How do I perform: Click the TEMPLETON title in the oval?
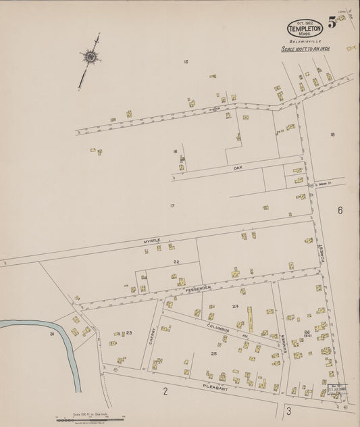click(305, 29)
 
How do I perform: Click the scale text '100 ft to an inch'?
click(304, 49)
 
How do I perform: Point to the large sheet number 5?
click(332, 22)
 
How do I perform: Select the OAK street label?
click(237, 166)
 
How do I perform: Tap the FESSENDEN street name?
click(195, 288)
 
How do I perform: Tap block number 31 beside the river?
click(51, 334)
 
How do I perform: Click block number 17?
click(172, 205)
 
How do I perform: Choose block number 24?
click(235, 307)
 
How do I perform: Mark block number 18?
click(332, 135)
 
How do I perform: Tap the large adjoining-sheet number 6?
click(340, 211)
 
